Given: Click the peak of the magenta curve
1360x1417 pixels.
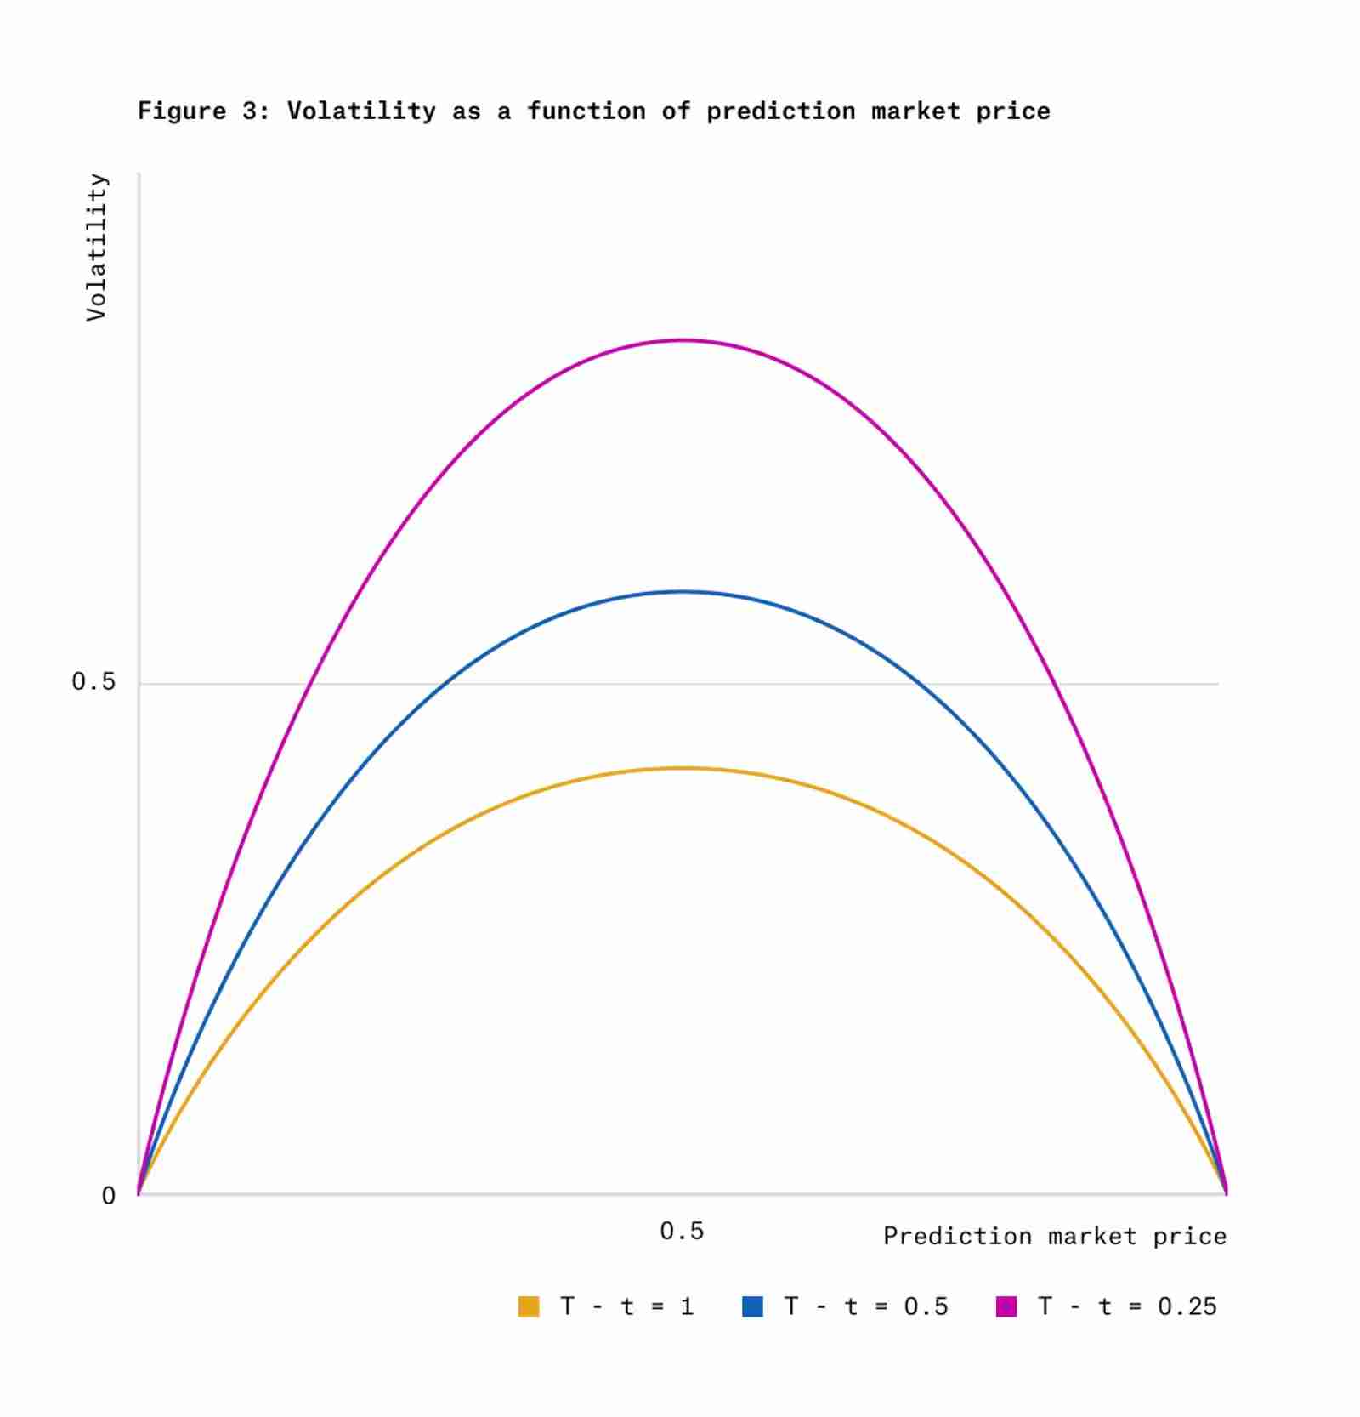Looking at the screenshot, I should pos(682,340).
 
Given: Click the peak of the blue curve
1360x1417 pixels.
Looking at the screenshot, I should pos(682,591).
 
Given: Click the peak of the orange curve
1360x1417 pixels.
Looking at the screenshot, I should pos(682,768).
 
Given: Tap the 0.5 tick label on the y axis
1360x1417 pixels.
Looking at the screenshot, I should pos(93,681).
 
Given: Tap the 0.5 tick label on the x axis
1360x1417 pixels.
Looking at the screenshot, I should pos(682,1231).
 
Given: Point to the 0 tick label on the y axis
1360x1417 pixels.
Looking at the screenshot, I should pos(108,1195).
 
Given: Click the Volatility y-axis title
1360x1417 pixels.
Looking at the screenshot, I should pos(97,247).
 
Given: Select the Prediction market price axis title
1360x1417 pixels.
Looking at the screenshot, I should pos(1054,1236).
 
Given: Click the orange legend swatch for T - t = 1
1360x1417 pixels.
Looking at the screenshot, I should pos(529,1306).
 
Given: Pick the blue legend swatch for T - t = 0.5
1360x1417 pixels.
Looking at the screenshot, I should pos(752,1306).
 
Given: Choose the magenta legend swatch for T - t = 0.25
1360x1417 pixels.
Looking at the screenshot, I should pos(1006,1306).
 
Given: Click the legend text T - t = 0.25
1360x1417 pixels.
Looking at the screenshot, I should pos(1127,1306).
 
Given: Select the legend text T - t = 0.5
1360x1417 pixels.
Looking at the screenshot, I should pos(865,1306).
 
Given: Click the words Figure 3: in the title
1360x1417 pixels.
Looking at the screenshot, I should pos(203,111).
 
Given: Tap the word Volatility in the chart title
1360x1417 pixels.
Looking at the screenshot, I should pos(361,111).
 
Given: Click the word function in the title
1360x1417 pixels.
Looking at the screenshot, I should pos(586,111).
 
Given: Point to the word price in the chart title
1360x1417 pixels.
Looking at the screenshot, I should pos(1012,111).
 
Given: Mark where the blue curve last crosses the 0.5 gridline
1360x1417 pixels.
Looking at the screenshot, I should pos(926,683).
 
